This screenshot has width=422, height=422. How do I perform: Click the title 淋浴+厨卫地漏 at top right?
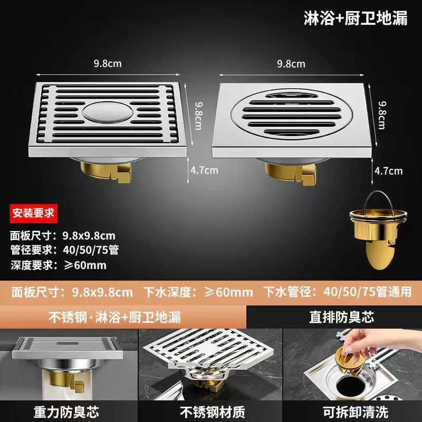tap(356, 18)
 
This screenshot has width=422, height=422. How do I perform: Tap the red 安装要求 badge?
tap(34, 214)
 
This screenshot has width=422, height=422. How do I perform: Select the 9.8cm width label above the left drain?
tap(108, 64)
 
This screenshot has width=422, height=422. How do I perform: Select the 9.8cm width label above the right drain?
tap(291, 64)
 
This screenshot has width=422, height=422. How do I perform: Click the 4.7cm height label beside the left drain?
tap(204, 170)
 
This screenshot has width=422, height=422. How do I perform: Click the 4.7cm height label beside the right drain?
tap(388, 171)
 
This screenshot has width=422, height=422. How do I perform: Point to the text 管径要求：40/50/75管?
tap(64, 250)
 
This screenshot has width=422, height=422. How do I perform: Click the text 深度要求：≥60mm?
tap(59, 265)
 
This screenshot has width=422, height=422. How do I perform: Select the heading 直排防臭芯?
tap(341, 317)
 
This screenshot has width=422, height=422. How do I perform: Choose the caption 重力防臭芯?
tap(66, 412)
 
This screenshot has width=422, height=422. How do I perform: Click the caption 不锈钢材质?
tap(213, 412)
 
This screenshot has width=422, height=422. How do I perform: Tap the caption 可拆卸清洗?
tap(355, 412)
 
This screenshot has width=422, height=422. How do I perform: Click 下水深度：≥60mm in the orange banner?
tap(198, 292)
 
